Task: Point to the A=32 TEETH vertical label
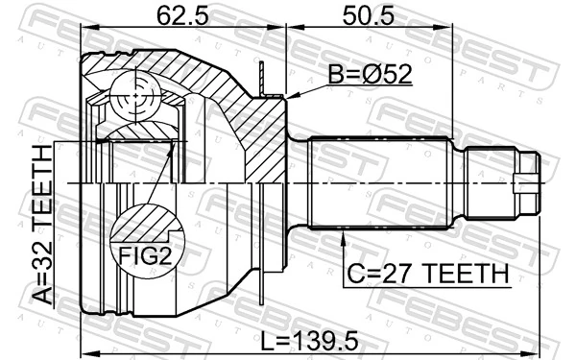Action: click(x=44, y=225)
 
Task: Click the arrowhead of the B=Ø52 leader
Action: click(x=289, y=96)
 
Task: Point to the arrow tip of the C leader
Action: click(x=345, y=228)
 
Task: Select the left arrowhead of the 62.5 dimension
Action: click(x=84, y=28)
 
